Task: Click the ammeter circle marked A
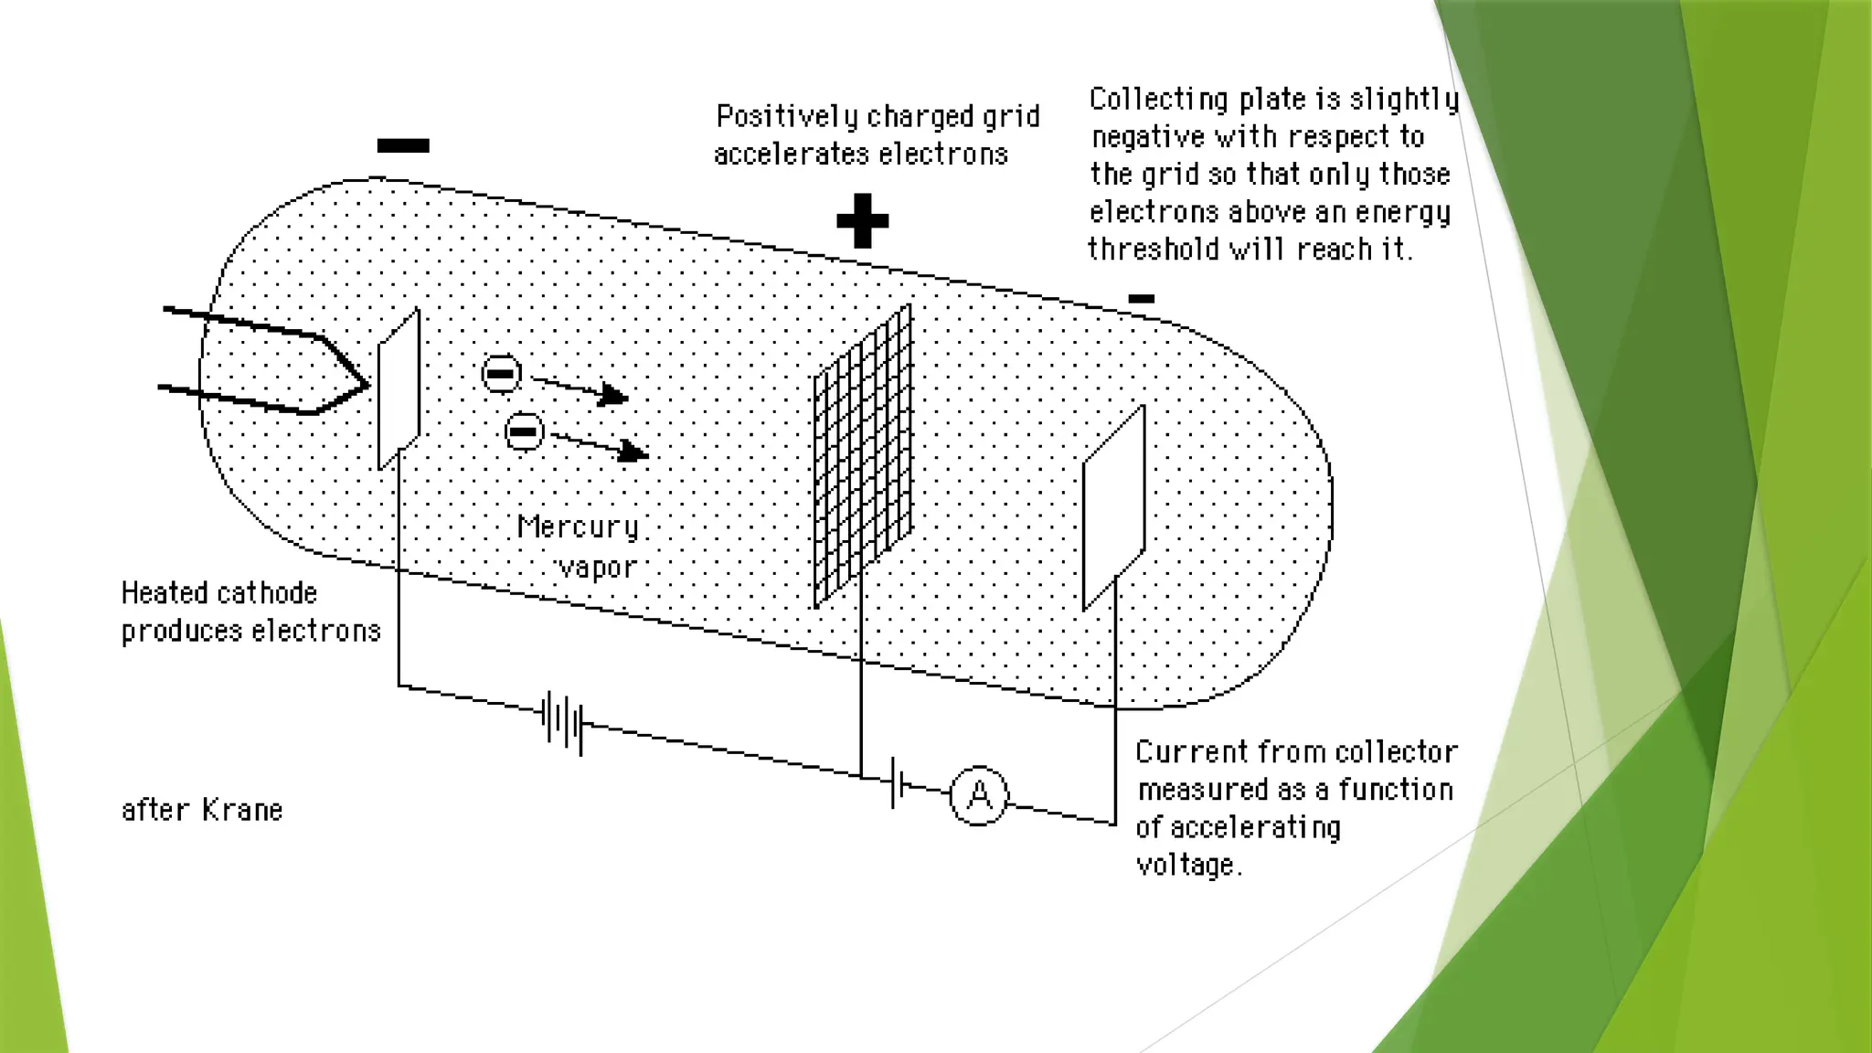(x=979, y=796)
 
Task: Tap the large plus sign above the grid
(x=862, y=220)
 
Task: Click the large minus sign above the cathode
(x=403, y=145)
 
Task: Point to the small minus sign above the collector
(x=1141, y=298)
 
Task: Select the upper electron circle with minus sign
(x=501, y=373)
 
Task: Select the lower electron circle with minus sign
(x=524, y=431)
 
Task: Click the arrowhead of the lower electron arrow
(x=636, y=452)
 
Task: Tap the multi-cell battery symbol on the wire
(x=562, y=721)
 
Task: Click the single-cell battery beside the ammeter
(x=897, y=782)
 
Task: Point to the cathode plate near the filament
(x=399, y=388)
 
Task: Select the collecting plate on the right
(x=1113, y=508)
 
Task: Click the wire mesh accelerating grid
(x=863, y=455)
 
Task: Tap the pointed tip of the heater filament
(x=365, y=385)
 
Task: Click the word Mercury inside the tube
(x=577, y=527)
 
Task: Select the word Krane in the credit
(x=242, y=810)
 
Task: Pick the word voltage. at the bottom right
(x=1188, y=864)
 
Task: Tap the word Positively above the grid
(x=787, y=117)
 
